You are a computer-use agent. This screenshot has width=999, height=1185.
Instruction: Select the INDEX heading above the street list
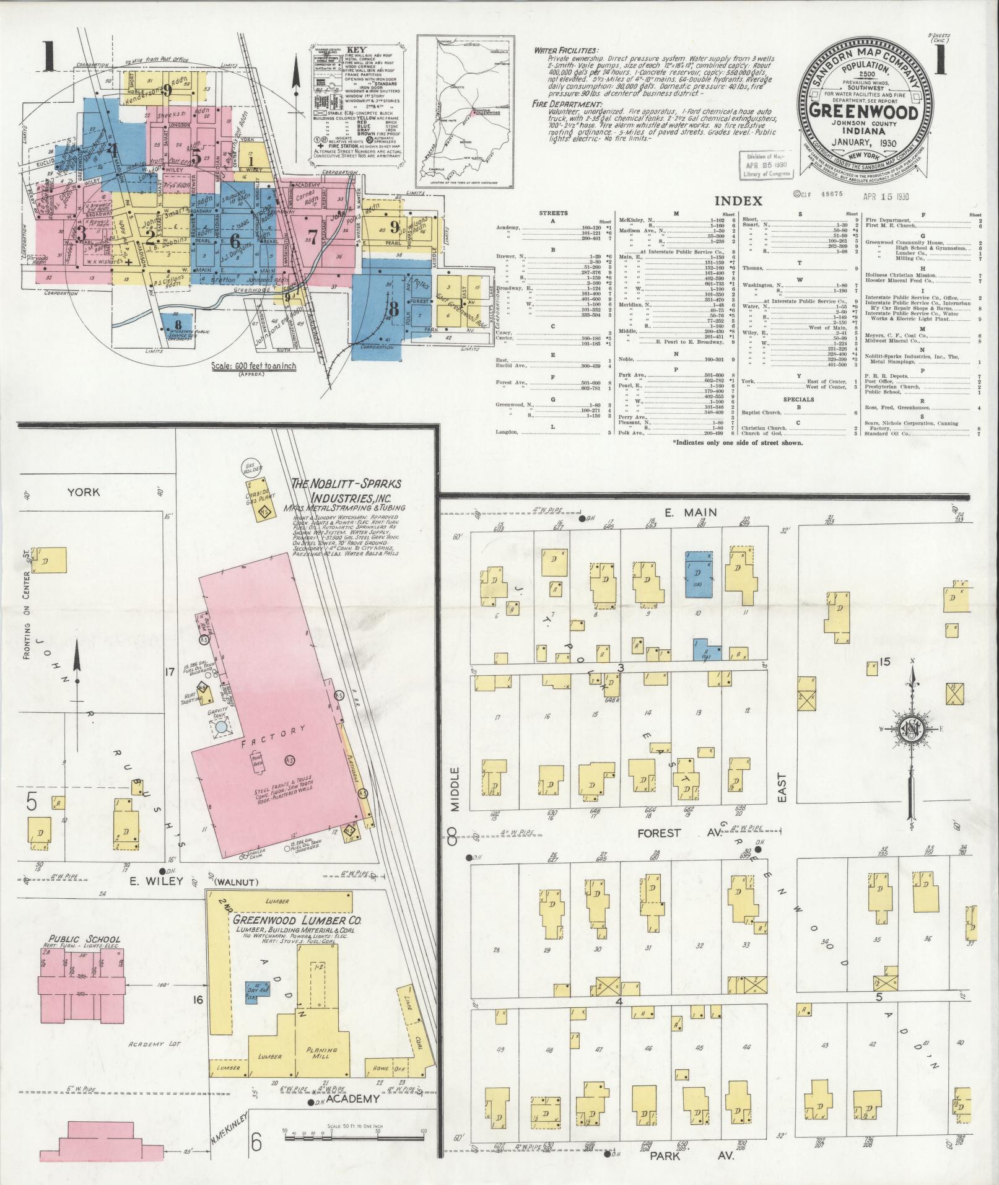tap(738, 201)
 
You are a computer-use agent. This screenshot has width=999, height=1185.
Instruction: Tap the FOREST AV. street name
tap(676, 834)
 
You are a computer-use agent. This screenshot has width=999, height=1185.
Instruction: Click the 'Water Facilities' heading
tap(566, 51)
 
